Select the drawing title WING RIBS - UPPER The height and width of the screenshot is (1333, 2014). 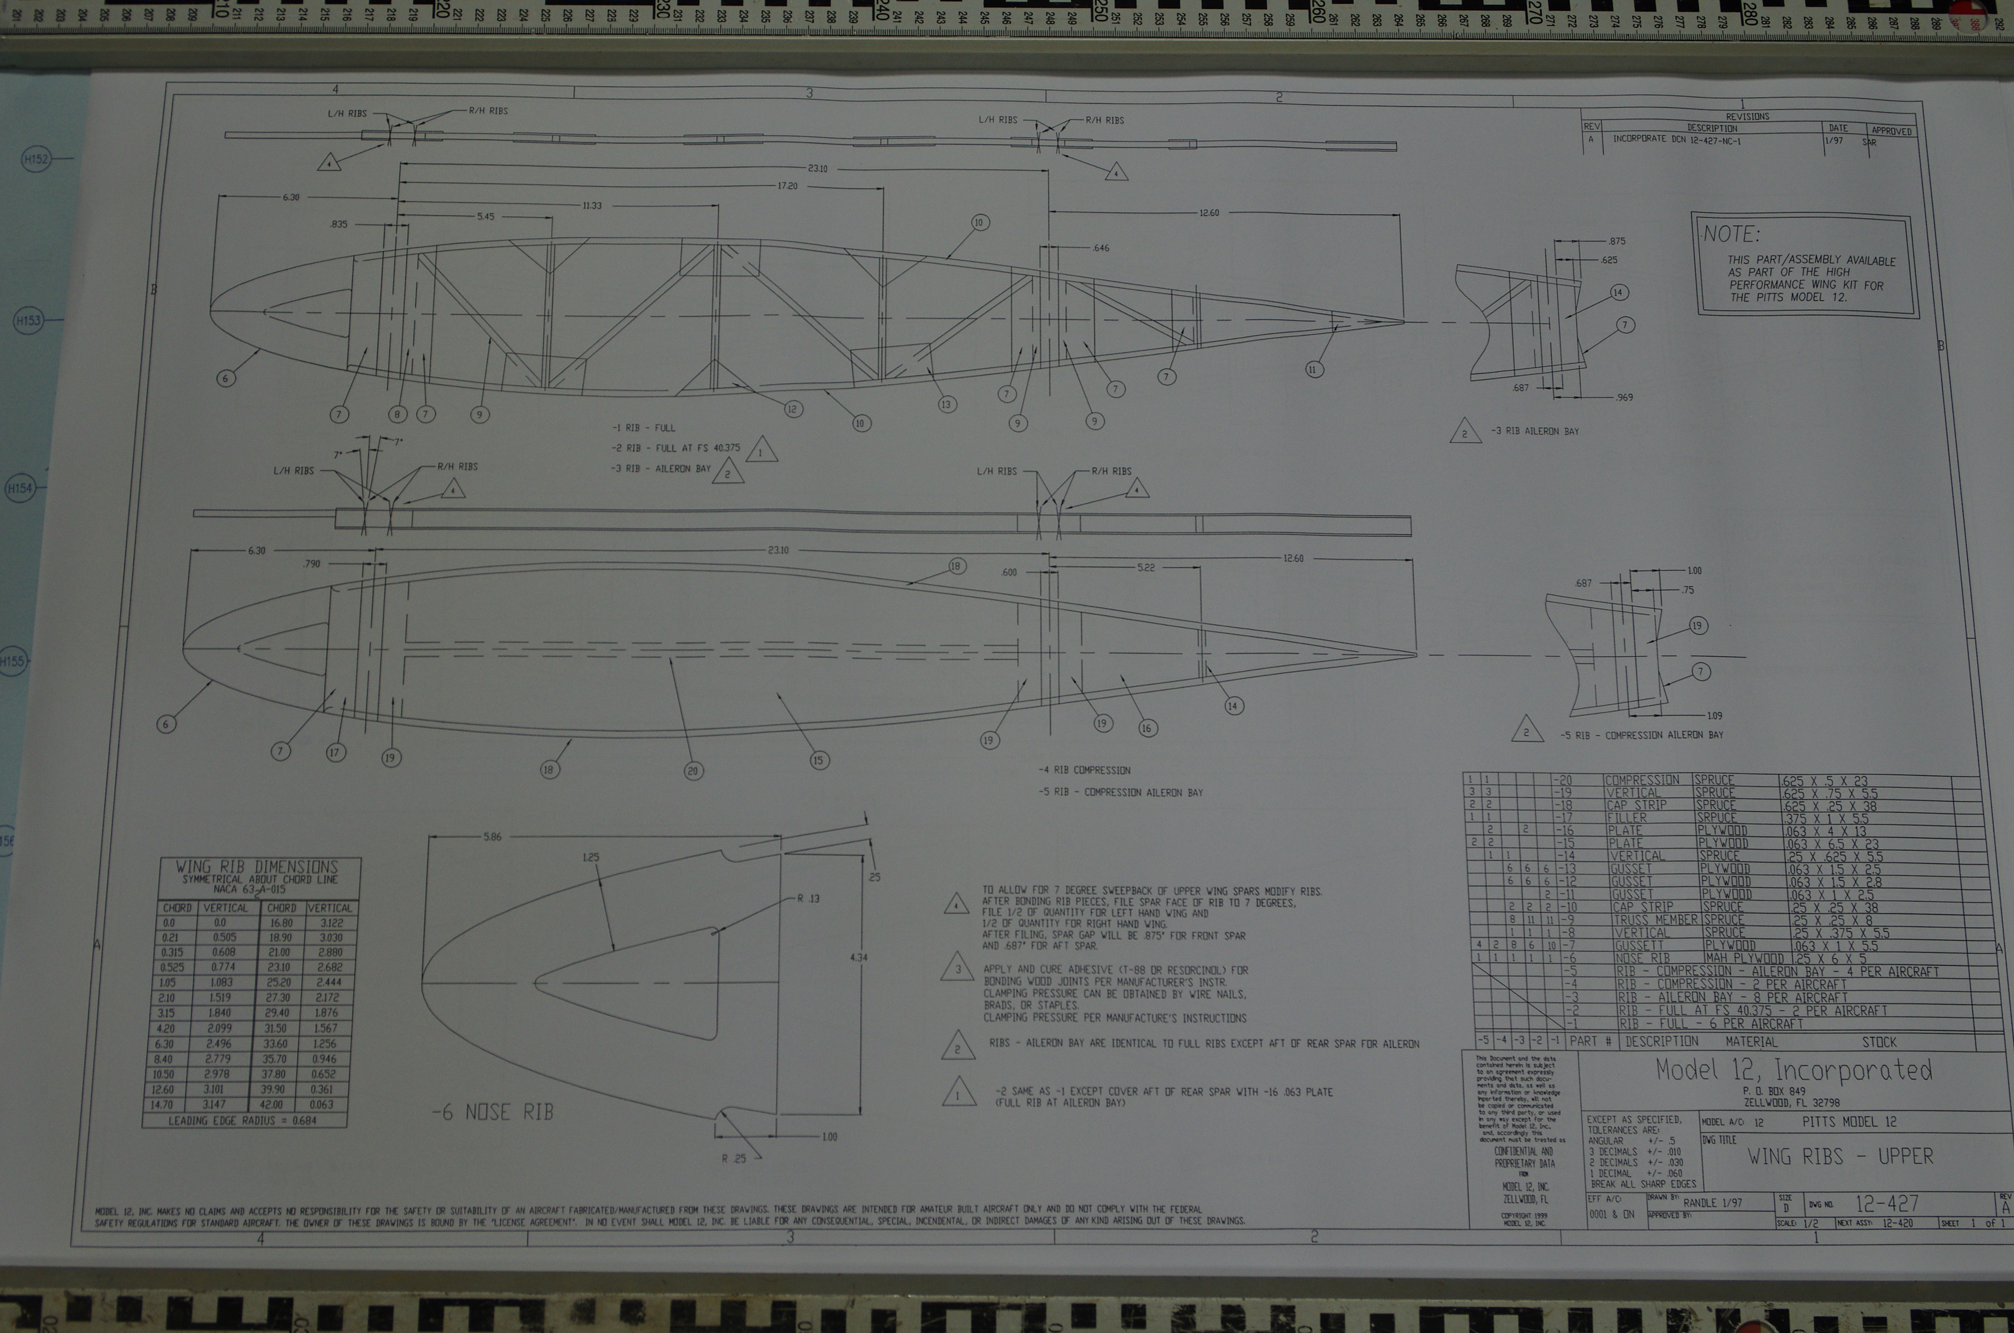pyautogui.click(x=1839, y=1156)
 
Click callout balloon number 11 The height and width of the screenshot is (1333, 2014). pyautogui.click(x=1314, y=369)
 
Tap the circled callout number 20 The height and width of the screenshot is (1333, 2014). pyautogui.click(x=693, y=771)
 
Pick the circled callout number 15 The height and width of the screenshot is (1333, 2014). pyautogui.click(x=818, y=760)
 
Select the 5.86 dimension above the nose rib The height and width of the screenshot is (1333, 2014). pyautogui.click(x=492, y=836)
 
